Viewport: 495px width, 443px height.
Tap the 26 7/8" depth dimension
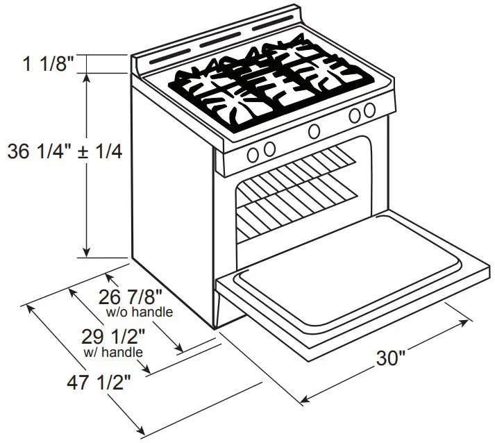pyautogui.click(x=133, y=297)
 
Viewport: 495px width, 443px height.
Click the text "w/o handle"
pyautogui.click(x=140, y=312)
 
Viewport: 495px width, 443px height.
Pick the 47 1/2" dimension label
pyautogui.click(x=100, y=382)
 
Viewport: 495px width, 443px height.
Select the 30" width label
pyautogui.click(x=391, y=358)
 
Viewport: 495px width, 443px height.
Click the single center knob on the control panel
pyautogui.click(x=314, y=131)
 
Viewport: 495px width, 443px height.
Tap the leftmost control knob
pyautogui.click(x=253, y=152)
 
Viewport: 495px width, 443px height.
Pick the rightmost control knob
pyautogui.click(x=369, y=110)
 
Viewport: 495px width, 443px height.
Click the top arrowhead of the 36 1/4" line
pyautogui.click(x=86, y=77)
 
